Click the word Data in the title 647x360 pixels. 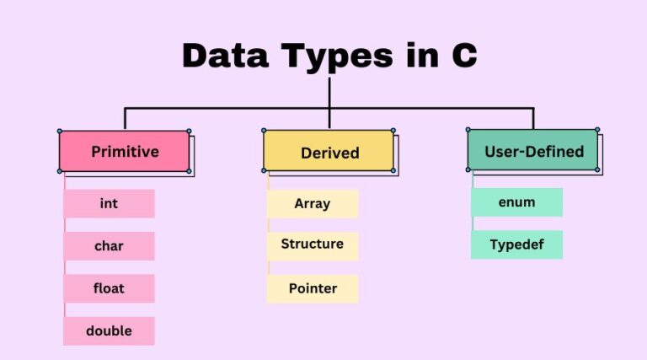click(225, 55)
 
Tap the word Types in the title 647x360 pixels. click(337, 58)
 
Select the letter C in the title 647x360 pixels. click(464, 55)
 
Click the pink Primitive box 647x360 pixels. click(124, 151)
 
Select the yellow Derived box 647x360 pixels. click(329, 151)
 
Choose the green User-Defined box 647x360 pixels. click(532, 150)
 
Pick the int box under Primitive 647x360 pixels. click(109, 203)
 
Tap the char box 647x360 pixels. click(109, 246)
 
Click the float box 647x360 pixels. click(109, 288)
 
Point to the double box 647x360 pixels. click(109, 330)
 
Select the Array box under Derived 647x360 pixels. click(313, 204)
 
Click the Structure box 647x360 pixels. click(313, 246)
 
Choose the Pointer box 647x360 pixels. click(313, 288)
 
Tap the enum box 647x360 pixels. click(516, 202)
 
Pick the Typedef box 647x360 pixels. click(516, 244)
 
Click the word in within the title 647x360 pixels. click(422, 55)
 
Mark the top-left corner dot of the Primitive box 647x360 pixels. click(60, 132)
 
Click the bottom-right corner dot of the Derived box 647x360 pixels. click(393, 170)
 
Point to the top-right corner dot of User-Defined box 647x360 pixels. click(597, 130)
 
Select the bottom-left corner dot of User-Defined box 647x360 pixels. click(468, 169)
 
